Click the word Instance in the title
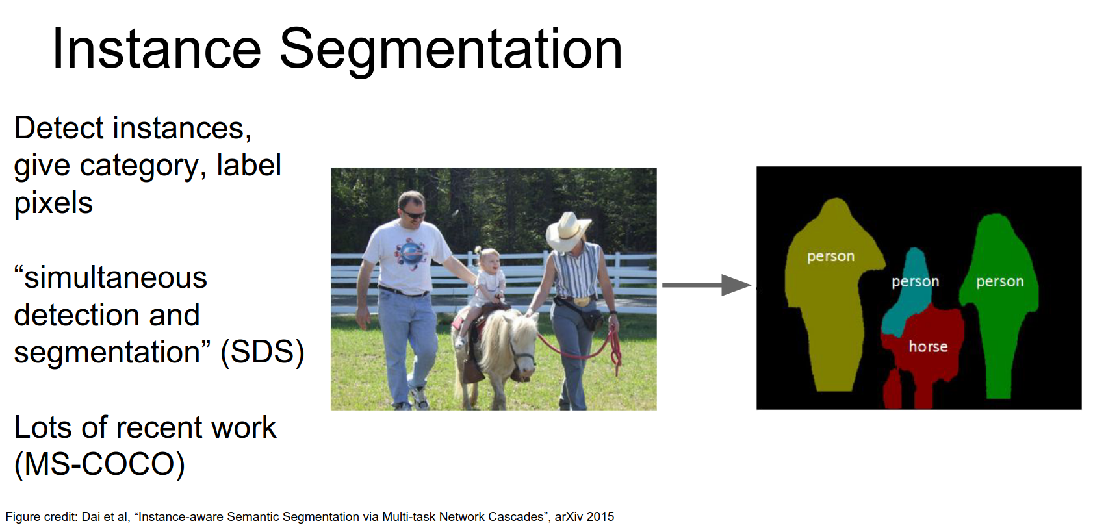pyautogui.click(x=157, y=49)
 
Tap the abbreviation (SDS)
pyautogui.click(x=263, y=352)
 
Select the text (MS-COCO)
pyautogui.click(x=99, y=464)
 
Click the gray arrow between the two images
pyautogui.click(x=706, y=285)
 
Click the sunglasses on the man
pyautogui.click(x=413, y=214)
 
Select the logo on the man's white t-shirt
pyautogui.click(x=411, y=253)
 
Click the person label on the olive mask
pyautogui.click(x=830, y=257)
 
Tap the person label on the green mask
pyautogui.click(x=1000, y=281)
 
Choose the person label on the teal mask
pyautogui.click(x=915, y=281)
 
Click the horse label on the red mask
pyautogui.click(x=928, y=347)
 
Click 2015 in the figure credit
pyautogui.click(x=600, y=517)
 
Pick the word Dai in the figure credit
pyautogui.click(x=90, y=517)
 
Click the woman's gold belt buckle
pyautogui.click(x=581, y=301)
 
